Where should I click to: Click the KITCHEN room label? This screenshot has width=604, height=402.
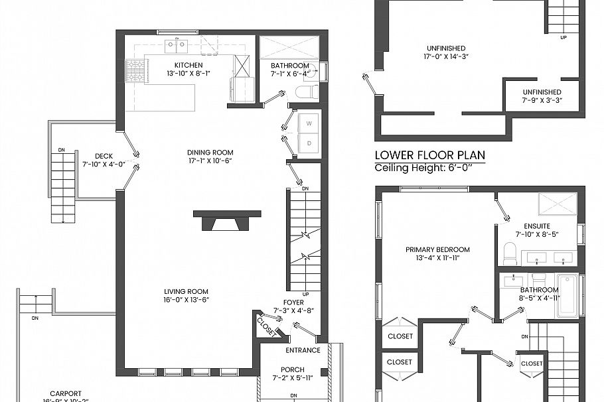click(x=189, y=65)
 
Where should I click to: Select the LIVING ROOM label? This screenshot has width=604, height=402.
click(x=187, y=292)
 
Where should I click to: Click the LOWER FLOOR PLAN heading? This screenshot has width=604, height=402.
click(x=429, y=156)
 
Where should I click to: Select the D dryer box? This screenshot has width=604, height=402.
click(x=309, y=143)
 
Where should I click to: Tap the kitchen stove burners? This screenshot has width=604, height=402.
click(x=136, y=70)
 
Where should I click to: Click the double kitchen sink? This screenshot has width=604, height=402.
click(x=176, y=45)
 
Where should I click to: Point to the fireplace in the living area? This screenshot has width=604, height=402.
click(x=226, y=221)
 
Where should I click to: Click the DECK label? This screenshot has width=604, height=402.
click(x=104, y=156)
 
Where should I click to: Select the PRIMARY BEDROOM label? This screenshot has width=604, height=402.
click(x=437, y=250)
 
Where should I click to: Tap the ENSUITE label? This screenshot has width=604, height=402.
click(x=536, y=226)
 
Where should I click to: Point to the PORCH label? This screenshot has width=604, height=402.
click(x=293, y=369)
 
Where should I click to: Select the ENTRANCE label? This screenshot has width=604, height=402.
click(x=303, y=350)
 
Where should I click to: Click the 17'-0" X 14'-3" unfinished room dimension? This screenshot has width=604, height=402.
click(x=446, y=56)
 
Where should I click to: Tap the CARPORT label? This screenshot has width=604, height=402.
click(x=66, y=393)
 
